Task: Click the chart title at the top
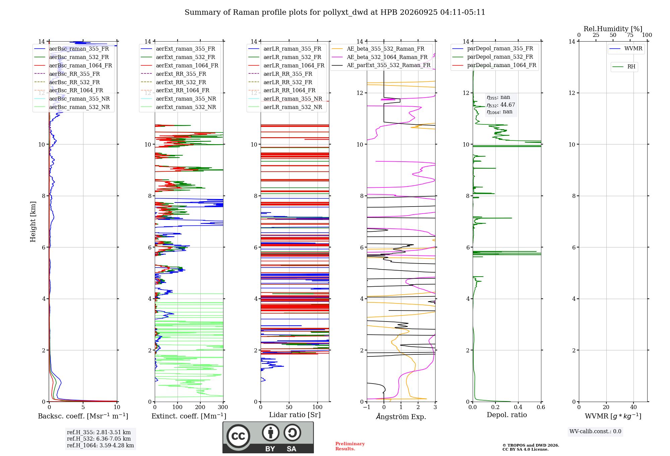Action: (x=335, y=12)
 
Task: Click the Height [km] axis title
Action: (x=33, y=222)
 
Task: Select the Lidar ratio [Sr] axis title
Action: (x=295, y=415)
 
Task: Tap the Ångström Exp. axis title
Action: (x=401, y=416)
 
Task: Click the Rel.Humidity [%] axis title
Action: (x=613, y=29)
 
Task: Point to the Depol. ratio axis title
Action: (x=507, y=415)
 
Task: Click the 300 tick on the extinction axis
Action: (x=223, y=407)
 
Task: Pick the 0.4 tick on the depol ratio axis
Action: (x=518, y=407)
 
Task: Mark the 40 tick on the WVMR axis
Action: (x=633, y=407)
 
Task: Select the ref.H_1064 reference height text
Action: (x=100, y=446)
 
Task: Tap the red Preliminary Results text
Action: (x=350, y=446)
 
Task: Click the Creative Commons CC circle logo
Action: (x=238, y=436)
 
